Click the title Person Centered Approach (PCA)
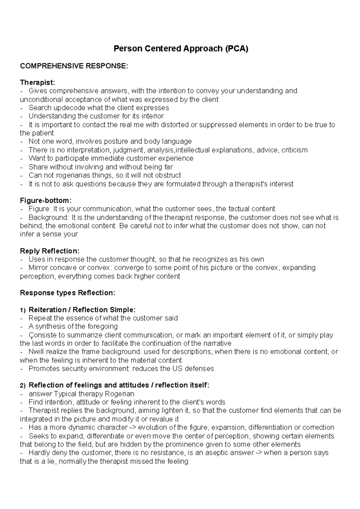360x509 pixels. click(x=181, y=49)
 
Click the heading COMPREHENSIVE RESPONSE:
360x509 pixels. click(x=74, y=66)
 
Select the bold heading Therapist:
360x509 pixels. click(x=37, y=82)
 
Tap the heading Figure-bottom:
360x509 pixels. click(x=46, y=200)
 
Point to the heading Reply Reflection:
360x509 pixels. click(x=49, y=251)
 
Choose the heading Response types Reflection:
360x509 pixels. click(x=67, y=293)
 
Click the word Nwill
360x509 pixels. click(x=36, y=351)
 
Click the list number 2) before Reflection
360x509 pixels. click(x=23, y=385)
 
